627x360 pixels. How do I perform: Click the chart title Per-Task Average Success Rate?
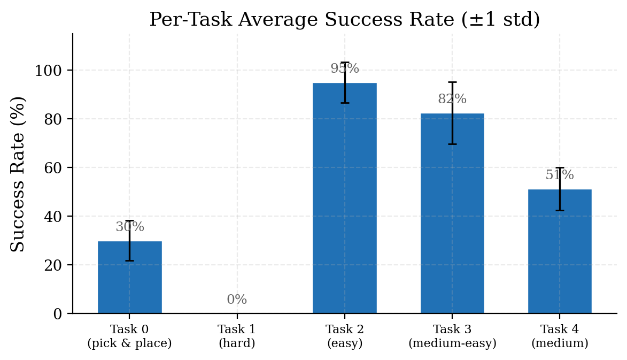click(x=344, y=20)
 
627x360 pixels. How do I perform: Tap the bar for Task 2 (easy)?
click(x=344, y=198)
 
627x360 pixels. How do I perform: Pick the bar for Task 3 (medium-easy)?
click(x=452, y=213)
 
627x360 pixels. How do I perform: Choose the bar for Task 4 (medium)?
click(x=560, y=251)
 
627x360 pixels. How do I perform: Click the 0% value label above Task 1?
click(x=237, y=300)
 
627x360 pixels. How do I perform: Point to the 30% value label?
click(x=130, y=227)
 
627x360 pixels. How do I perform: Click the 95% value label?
click(x=345, y=69)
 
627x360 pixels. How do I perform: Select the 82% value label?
click(x=452, y=99)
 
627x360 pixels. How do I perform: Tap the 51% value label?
click(x=560, y=175)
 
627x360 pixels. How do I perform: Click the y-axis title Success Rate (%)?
click(x=18, y=174)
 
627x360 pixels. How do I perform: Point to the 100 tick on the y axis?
click(x=49, y=71)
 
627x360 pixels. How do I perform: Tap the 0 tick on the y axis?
click(x=57, y=314)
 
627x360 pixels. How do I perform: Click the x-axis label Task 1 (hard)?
click(x=237, y=336)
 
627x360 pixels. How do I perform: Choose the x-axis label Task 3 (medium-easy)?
click(x=452, y=336)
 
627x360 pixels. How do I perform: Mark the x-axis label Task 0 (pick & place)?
click(x=129, y=336)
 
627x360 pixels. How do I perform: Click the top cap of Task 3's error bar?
click(x=452, y=82)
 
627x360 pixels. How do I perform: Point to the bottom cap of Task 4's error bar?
click(x=560, y=210)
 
